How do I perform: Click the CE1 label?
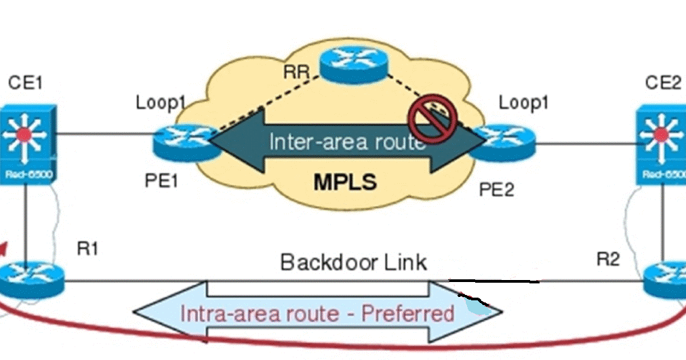point(26,83)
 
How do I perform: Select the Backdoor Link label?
point(354,261)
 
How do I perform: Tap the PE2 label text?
point(498,189)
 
